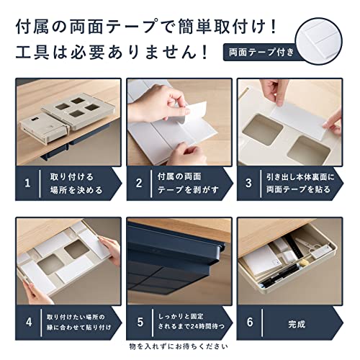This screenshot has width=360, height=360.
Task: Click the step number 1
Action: pos(27,184)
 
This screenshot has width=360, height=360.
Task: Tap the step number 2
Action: pos(139,184)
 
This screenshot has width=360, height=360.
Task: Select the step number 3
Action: pos(249,184)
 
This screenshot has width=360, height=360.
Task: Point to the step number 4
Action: pos(29,323)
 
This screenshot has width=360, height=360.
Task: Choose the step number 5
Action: pos(140,323)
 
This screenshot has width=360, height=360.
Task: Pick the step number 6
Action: pos(250,323)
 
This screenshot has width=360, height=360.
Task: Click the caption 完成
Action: pos(297,324)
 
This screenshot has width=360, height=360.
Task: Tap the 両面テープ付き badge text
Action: pos(261,52)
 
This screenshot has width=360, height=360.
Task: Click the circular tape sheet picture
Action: pos(319,41)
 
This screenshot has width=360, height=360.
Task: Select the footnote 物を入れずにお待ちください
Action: pos(179,346)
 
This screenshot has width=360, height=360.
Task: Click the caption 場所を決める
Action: pos(76,190)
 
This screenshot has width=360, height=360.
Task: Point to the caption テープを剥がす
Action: pos(188,190)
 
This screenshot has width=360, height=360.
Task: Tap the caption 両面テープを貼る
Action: pos(298,189)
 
